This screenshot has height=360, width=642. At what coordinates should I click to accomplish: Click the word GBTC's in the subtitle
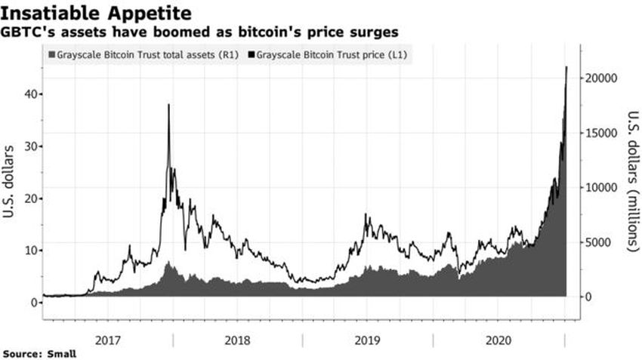point(27,32)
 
